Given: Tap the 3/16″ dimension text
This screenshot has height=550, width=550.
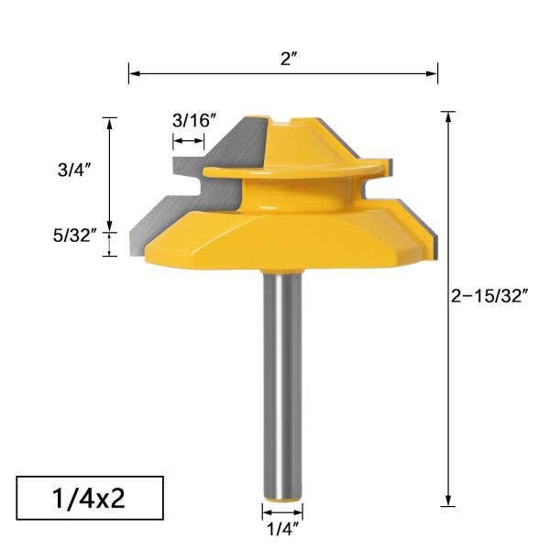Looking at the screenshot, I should pos(193,120).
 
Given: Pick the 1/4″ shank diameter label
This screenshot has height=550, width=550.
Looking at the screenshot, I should pos(283,529).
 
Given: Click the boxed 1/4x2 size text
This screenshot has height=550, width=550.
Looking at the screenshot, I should pos(89,500).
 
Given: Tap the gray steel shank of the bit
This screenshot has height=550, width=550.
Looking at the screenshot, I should pos(283,385).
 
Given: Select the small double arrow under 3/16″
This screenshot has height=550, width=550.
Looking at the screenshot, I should pos(190,141).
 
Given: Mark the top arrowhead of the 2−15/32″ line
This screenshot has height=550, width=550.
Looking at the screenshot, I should pos(448,116).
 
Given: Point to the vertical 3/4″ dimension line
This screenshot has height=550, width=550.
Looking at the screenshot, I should pos(110,174).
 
